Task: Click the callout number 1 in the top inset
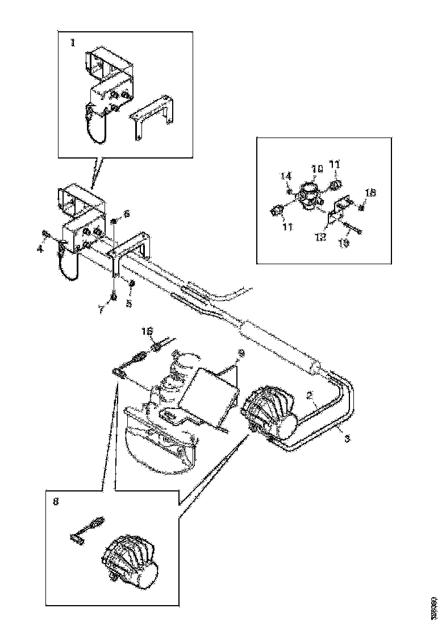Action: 72,43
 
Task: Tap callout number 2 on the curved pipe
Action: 311,394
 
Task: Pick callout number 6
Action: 126,214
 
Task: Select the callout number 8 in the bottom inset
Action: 55,502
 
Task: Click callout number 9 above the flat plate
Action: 241,353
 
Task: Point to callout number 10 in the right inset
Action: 316,168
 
